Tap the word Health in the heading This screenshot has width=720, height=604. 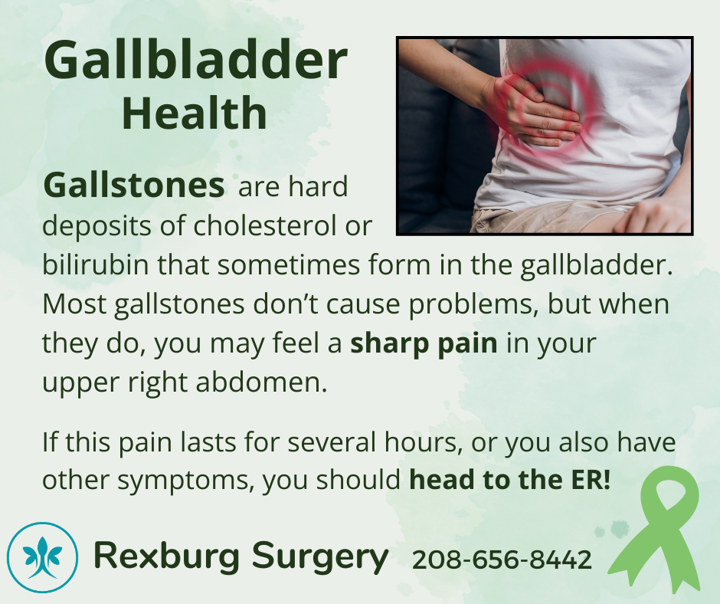tap(195, 113)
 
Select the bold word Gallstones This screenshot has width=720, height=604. tap(133, 186)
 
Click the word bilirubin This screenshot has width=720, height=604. tap(96, 264)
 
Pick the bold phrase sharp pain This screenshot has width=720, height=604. tap(424, 344)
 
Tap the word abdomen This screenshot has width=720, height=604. tap(261, 382)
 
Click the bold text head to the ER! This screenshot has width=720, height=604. tap(509, 480)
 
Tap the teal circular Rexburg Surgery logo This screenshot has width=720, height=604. tap(42, 557)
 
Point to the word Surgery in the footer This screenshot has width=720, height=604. tap(320, 557)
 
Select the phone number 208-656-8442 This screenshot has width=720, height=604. tap(502, 560)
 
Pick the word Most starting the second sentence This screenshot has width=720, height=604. tap(74, 304)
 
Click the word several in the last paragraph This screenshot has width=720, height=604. tap(331, 442)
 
